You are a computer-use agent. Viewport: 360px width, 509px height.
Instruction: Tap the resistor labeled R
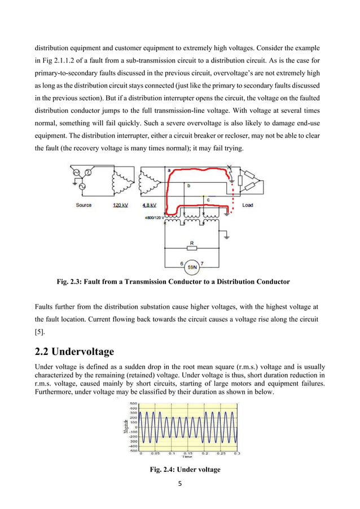[x=192, y=247]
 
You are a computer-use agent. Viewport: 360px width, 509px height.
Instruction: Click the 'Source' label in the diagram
[x=84, y=205]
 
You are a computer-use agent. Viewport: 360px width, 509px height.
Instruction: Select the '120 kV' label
[x=121, y=205]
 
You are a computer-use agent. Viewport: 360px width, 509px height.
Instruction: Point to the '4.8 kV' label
[x=149, y=205]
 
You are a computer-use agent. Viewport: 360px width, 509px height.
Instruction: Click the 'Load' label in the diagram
[x=248, y=205]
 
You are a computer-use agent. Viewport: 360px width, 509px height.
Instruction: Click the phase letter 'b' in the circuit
[x=188, y=185]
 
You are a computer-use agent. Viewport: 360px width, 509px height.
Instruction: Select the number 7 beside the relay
[x=201, y=264]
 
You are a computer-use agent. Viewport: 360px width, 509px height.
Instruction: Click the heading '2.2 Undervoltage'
[x=74, y=352]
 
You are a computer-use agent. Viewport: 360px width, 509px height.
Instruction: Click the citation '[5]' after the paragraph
[x=39, y=332]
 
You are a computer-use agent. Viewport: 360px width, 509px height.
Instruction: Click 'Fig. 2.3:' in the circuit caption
[x=69, y=282]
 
